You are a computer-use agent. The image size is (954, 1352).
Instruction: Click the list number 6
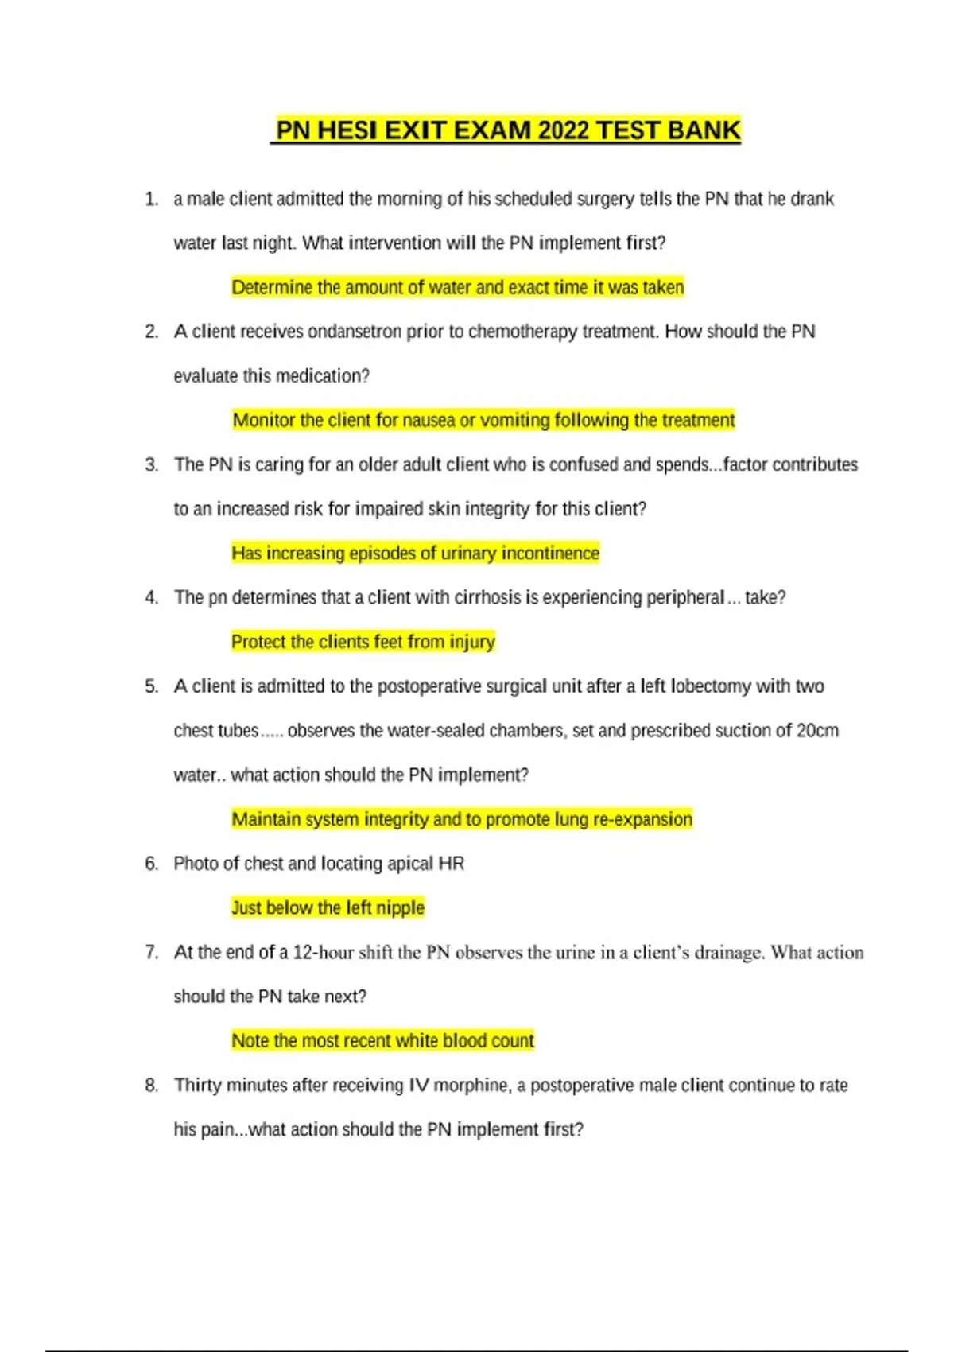[151, 864]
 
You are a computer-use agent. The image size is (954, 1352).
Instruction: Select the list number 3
[151, 464]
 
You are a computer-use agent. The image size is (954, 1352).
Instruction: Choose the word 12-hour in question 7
[323, 953]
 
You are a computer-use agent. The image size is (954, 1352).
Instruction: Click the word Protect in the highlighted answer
[259, 642]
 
